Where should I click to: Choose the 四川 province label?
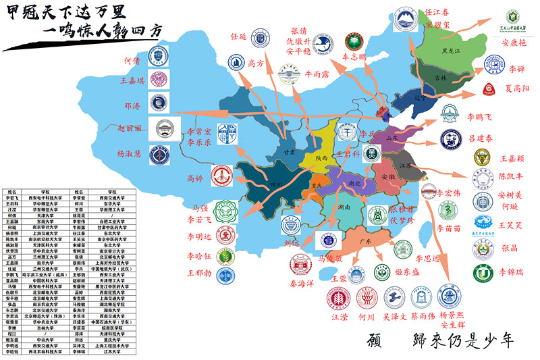pyautogui.click(x=275, y=183)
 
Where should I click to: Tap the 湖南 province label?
pyautogui.click(x=344, y=208)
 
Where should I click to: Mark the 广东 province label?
pyautogui.click(x=367, y=241)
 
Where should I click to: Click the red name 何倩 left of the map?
pyautogui.click(x=132, y=60)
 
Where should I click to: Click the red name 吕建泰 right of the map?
pyautogui.click(x=481, y=138)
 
